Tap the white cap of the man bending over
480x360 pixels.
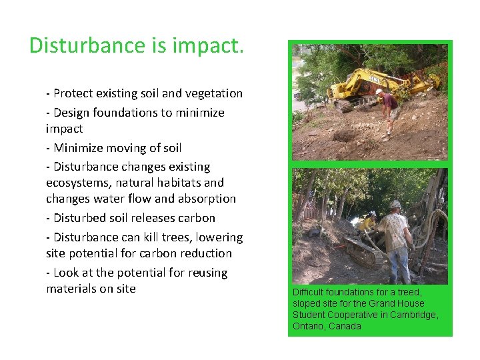pyautogui.click(x=379, y=91)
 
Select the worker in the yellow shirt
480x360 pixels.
pyautogui.click(x=368, y=225)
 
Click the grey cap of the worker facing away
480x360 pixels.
pyautogui.click(x=395, y=204)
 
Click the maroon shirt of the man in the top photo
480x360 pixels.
pyautogui.click(x=389, y=101)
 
